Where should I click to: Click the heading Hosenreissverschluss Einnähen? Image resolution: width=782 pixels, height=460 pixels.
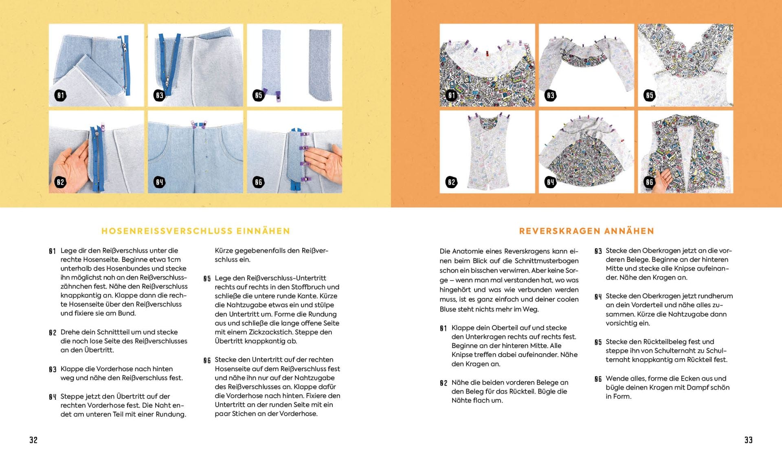(195, 231)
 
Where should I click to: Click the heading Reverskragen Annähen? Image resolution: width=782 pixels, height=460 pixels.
(586, 231)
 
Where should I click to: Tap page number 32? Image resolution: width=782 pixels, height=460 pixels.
(33, 440)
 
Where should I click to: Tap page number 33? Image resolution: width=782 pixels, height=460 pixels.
(749, 440)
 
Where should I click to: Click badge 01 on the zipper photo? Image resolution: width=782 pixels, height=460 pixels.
(61, 96)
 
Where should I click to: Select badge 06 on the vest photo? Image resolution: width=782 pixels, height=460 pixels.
(650, 182)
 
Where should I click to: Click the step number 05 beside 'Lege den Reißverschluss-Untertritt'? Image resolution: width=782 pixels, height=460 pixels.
(207, 279)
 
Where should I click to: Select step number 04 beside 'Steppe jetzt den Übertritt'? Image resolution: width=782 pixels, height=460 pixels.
(53, 397)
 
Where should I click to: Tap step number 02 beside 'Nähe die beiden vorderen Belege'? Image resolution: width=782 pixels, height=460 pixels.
(444, 383)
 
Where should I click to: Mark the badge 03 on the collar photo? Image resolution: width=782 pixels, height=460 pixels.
(551, 96)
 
